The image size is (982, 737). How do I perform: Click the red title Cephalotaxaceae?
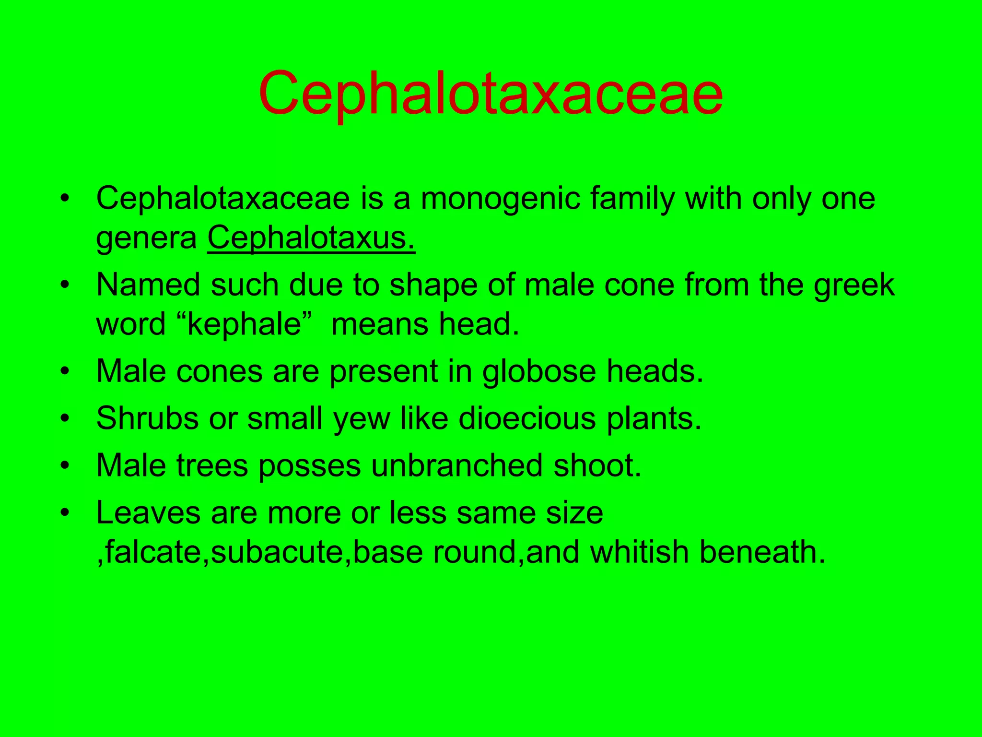tap(491, 93)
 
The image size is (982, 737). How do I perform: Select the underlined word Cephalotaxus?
tap(311, 238)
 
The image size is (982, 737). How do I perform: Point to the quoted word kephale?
tap(243, 324)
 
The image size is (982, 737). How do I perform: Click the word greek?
tap(854, 285)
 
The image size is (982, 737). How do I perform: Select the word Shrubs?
tap(147, 418)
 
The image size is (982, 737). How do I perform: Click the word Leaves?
tap(148, 512)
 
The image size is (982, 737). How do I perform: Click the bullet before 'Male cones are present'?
tap(65, 372)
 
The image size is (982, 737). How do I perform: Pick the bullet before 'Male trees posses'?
tap(65, 466)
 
